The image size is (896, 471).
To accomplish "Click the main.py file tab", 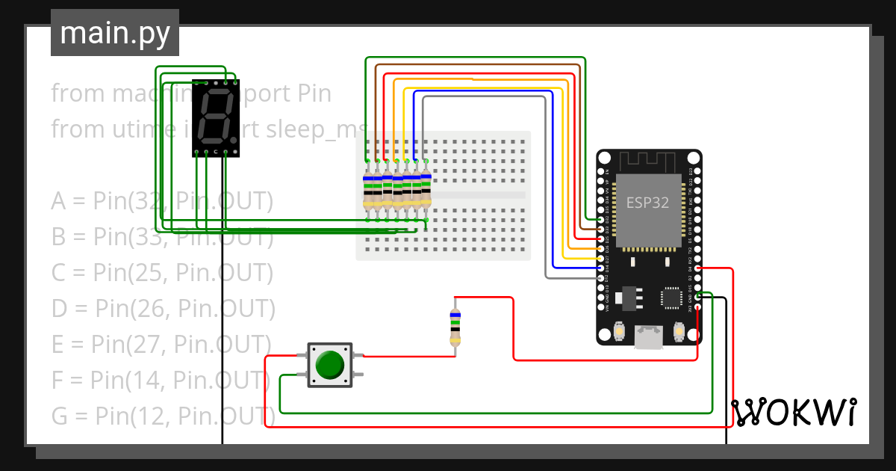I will pyautogui.click(x=115, y=33).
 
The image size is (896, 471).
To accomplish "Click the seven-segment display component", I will pyautogui.click(x=216, y=118).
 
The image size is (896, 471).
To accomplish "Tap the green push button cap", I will pyautogui.click(x=329, y=365).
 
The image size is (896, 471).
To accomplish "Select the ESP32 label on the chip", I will pyautogui.click(x=647, y=203).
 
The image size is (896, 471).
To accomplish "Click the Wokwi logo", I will pyautogui.click(x=794, y=412).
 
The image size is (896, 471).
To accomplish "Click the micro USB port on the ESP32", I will pyautogui.click(x=648, y=337).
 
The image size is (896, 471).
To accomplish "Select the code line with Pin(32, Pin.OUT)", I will pyautogui.click(x=162, y=201).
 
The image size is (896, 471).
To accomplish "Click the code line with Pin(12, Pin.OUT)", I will pyautogui.click(x=163, y=415).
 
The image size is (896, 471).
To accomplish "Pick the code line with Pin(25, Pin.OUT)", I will pyautogui.click(x=163, y=272).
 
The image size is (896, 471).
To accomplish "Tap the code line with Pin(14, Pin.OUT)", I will pyautogui.click(x=161, y=380).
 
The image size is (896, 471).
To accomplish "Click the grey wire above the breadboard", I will pyautogui.click(x=485, y=97).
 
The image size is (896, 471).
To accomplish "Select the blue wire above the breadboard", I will pyautogui.click(x=485, y=91).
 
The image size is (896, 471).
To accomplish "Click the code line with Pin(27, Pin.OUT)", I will pyautogui.click(x=161, y=344).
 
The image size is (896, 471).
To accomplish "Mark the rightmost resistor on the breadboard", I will pyautogui.click(x=426, y=190).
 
